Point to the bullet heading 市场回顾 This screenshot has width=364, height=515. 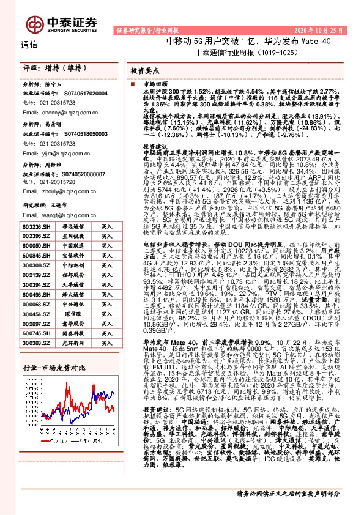click(x=154, y=83)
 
